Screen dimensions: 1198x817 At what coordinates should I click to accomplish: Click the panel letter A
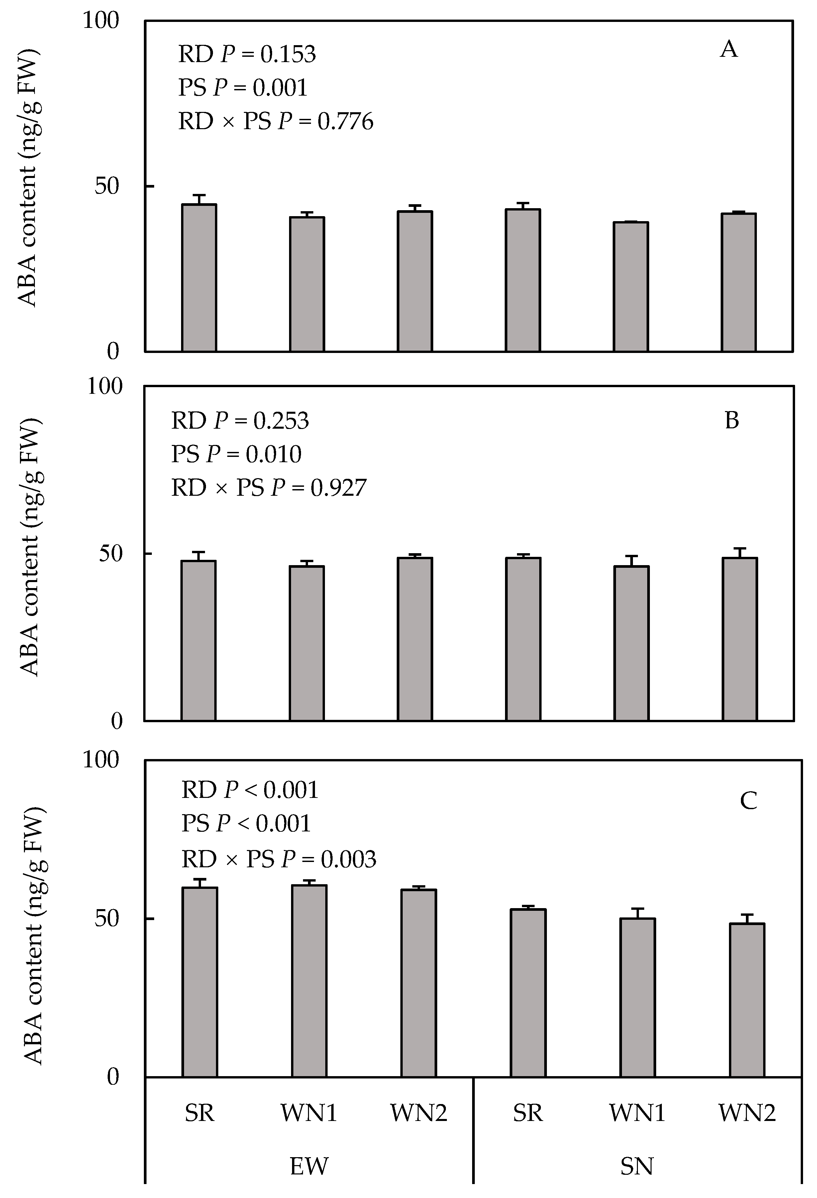click(x=728, y=49)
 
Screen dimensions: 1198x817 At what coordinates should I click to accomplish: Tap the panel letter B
click(x=731, y=421)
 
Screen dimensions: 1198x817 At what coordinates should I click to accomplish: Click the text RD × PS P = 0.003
click(x=278, y=859)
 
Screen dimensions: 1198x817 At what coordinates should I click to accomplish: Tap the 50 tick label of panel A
click(x=107, y=186)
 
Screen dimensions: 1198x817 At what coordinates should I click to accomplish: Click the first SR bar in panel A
click(x=199, y=278)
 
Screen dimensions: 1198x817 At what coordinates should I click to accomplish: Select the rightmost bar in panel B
click(x=740, y=639)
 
